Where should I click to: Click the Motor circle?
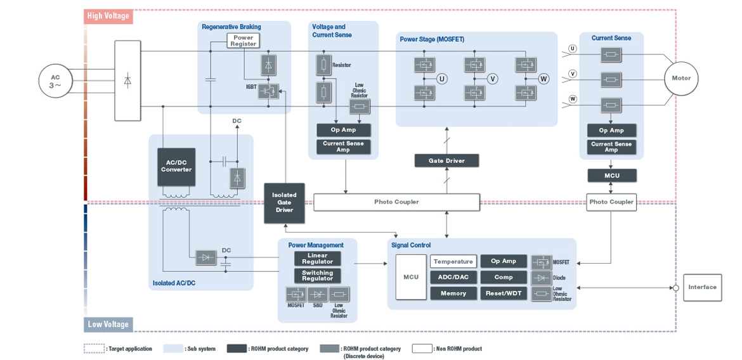pos(681,79)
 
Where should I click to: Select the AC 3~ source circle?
pos(56,81)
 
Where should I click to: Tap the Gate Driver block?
pos(446,161)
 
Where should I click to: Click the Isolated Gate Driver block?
pos(284,202)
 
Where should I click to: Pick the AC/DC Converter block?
pos(176,166)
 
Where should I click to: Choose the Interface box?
pos(702,287)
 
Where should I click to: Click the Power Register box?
pos(244,41)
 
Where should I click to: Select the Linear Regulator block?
pos(317,259)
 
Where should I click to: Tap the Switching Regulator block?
pos(317,276)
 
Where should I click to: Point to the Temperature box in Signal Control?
pos(453,261)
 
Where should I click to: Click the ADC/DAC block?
pos(453,278)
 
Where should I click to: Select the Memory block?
pos(453,293)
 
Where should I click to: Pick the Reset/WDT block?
pos(504,293)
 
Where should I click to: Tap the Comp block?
pos(504,278)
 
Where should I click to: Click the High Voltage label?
pos(108,16)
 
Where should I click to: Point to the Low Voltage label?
pos(108,325)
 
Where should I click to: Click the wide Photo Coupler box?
pos(396,202)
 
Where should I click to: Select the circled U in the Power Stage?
pos(442,79)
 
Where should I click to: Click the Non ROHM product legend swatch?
pos(422,349)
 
